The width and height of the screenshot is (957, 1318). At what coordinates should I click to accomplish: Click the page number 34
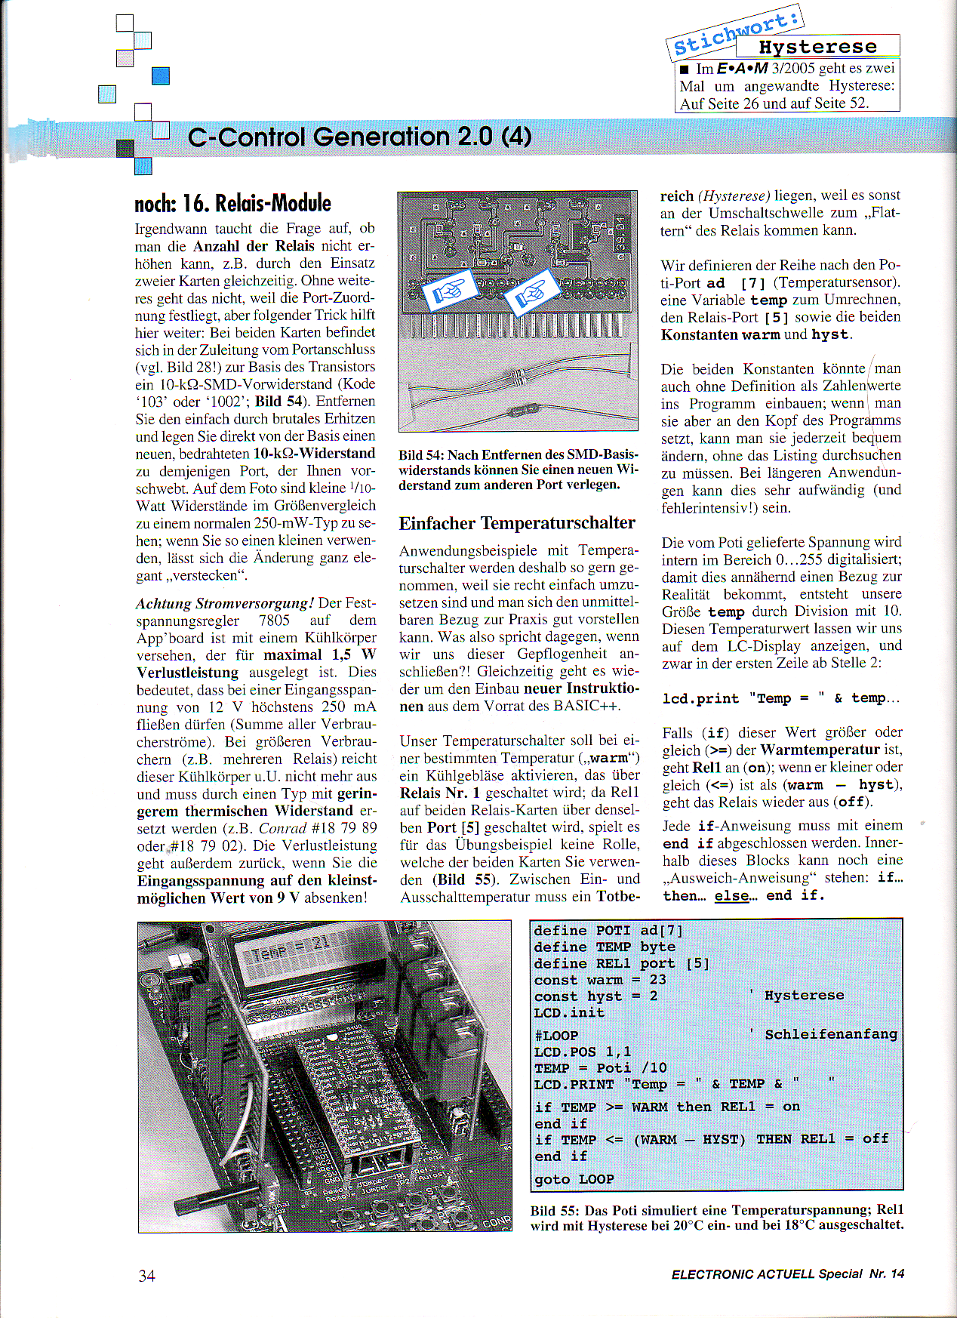coord(146,1275)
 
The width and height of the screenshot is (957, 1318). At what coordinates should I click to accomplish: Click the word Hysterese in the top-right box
coord(817,47)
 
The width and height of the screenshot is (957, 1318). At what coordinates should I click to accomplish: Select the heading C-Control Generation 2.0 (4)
coord(359,137)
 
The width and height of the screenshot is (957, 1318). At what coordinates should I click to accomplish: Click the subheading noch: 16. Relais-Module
coord(232,203)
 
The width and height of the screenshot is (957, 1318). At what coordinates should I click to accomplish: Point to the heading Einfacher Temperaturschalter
coord(517,523)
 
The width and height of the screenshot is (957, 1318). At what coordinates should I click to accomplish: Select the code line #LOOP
coord(556,1035)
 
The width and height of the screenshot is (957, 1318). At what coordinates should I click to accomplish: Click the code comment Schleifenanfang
coord(831,1034)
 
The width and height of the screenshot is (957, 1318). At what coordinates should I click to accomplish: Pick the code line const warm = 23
coord(600,979)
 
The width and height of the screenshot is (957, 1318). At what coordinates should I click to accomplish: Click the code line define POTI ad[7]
coord(608,930)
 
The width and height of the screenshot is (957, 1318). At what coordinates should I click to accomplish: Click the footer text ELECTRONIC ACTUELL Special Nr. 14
coord(787,1273)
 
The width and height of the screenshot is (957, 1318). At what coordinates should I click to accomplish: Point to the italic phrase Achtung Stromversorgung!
coord(225,603)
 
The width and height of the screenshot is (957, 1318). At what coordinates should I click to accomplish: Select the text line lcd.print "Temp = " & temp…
coord(780,698)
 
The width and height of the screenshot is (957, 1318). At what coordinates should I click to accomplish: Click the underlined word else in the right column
coord(731,896)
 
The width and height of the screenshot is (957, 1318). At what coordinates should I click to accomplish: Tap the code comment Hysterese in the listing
coord(804,995)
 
